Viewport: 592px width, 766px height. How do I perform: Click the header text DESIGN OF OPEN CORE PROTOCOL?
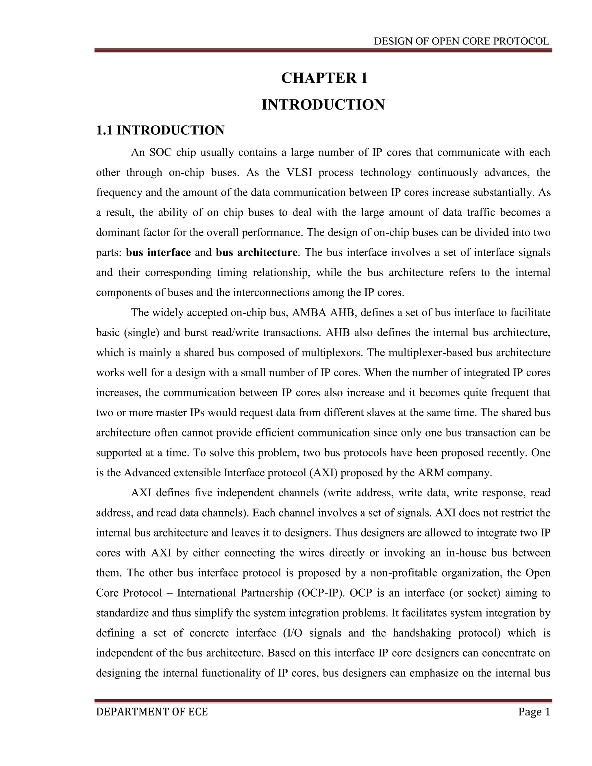461,41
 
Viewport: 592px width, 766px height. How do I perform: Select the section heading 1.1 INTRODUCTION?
160,130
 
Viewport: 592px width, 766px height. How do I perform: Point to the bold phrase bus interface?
158,253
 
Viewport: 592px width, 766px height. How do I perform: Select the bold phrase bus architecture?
256,253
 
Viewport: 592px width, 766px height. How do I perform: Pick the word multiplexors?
332,352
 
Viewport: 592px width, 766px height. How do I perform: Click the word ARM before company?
426,473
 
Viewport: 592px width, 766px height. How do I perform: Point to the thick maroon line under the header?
323,51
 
